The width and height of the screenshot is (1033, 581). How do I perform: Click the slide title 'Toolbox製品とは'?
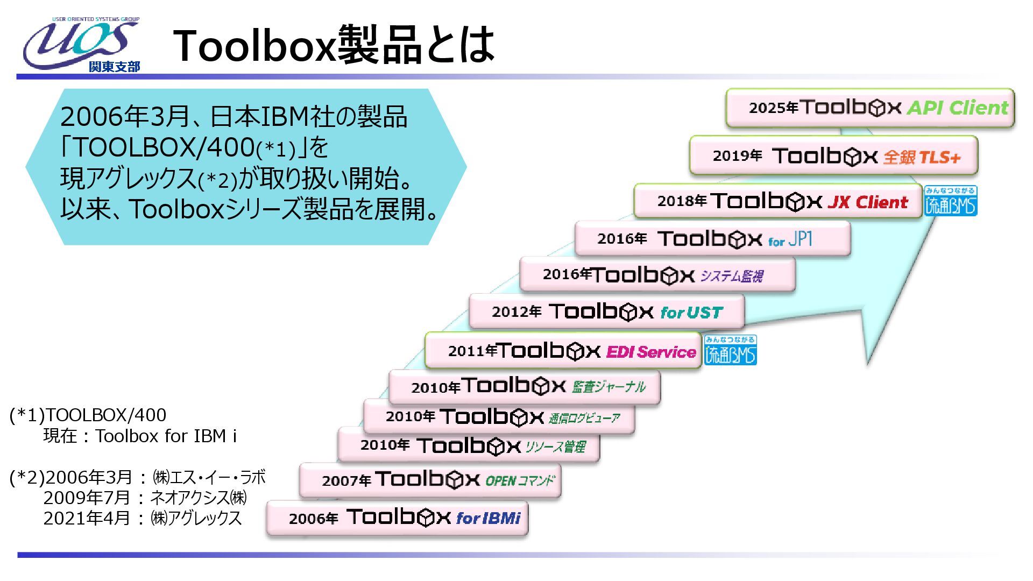click(334, 45)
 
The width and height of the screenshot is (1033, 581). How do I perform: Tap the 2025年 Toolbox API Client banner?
click(869, 108)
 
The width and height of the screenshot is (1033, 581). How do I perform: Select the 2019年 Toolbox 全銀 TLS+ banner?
click(833, 156)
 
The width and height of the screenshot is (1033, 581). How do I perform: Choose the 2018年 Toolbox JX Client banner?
click(778, 201)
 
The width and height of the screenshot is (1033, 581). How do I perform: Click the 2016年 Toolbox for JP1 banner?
click(712, 238)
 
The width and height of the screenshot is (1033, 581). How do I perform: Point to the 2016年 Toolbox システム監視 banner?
click(657, 275)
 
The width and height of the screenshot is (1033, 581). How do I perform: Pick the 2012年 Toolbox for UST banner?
click(606, 311)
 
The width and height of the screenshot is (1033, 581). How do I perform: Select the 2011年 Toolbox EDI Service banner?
click(563, 351)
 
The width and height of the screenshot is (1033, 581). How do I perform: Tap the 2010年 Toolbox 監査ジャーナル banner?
click(524, 387)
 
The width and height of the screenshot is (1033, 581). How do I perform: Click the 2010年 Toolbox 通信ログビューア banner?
click(499, 416)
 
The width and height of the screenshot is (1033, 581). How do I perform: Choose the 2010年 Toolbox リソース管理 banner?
click(468, 445)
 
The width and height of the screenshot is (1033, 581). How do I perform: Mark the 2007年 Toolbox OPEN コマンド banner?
click(430, 480)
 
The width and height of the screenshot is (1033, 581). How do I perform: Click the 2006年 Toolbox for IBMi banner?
click(397, 518)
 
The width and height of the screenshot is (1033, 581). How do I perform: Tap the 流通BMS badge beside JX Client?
click(951, 201)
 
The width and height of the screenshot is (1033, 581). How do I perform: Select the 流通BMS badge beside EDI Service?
click(730, 350)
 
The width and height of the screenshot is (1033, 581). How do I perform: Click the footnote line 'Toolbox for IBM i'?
click(140, 436)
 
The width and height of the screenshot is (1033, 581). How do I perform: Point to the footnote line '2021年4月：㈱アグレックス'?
click(143, 518)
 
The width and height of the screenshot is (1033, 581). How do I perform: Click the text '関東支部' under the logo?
click(114, 67)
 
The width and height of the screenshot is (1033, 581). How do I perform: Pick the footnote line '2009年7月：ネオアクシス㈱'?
click(145, 498)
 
